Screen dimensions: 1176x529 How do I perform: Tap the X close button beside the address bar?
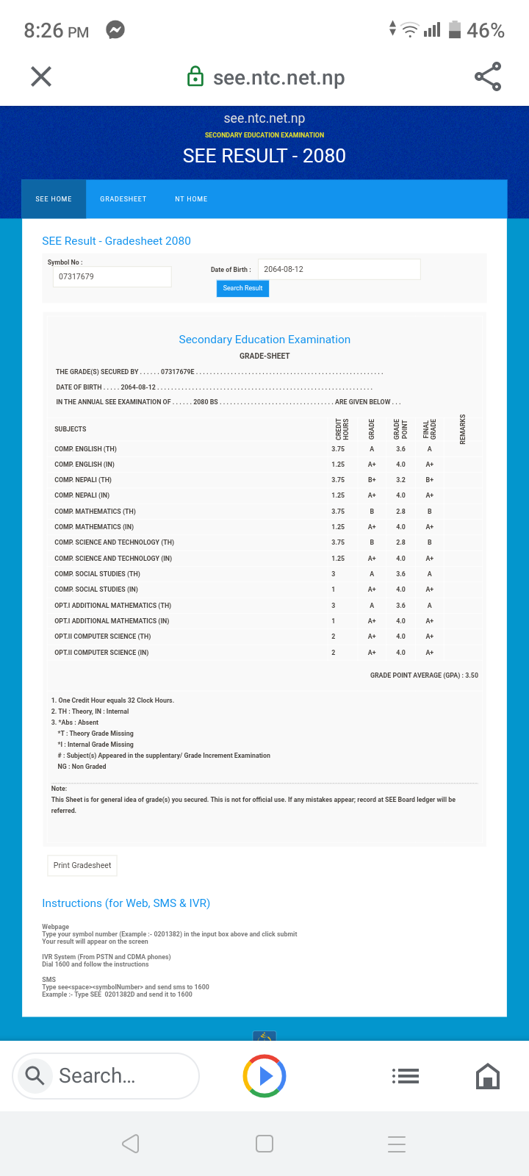pyautogui.click(x=41, y=76)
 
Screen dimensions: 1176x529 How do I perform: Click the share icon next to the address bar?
pyautogui.click(x=488, y=76)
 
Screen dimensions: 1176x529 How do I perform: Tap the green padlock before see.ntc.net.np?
pyautogui.click(x=195, y=76)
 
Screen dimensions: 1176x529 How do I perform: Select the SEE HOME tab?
pyautogui.click(x=54, y=199)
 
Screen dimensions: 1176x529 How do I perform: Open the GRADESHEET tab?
pyautogui.click(x=123, y=199)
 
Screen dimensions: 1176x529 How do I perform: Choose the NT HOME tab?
pyautogui.click(x=191, y=199)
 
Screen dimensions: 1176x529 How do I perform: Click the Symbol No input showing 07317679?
pyautogui.click(x=112, y=276)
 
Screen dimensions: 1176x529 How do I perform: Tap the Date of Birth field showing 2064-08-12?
pyautogui.click(x=339, y=269)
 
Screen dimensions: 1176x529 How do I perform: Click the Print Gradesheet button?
pyautogui.click(x=82, y=865)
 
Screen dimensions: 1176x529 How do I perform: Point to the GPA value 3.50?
pyautogui.click(x=472, y=675)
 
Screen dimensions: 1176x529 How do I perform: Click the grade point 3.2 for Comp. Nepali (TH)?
pyautogui.click(x=400, y=480)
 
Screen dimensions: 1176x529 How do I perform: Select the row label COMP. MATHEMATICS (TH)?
pyautogui.click(x=95, y=512)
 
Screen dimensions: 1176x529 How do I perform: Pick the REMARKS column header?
pyautogui.click(x=463, y=429)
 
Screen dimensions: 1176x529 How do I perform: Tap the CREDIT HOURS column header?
pyautogui.click(x=342, y=429)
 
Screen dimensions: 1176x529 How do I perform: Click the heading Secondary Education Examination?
pyautogui.click(x=264, y=340)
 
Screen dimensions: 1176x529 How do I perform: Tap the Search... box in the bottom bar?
pyautogui.click(x=106, y=1076)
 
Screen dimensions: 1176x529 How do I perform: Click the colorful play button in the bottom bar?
pyautogui.click(x=264, y=1076)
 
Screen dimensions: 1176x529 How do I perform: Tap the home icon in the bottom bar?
pyautogui.click(x=488, y=1077)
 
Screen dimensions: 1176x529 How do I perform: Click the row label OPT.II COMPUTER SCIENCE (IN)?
pyautogui.click(x=101, y=653)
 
